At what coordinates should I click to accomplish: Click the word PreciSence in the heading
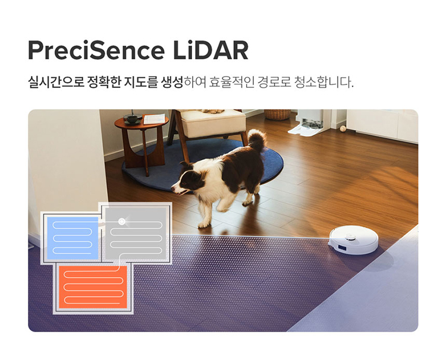96,50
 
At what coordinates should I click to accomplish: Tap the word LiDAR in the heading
211,50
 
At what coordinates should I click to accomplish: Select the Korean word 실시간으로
56,82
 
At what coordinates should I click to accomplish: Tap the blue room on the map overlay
72,238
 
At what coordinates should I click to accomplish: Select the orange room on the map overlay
93,287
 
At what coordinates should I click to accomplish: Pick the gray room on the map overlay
136,233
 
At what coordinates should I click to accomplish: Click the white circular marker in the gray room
122,221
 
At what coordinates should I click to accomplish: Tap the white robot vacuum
354,240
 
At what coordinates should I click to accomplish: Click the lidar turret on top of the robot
350,236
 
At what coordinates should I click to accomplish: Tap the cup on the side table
132,118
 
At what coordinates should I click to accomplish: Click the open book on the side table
154,119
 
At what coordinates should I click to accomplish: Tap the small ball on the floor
343,129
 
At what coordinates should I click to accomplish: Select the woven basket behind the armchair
277,114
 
